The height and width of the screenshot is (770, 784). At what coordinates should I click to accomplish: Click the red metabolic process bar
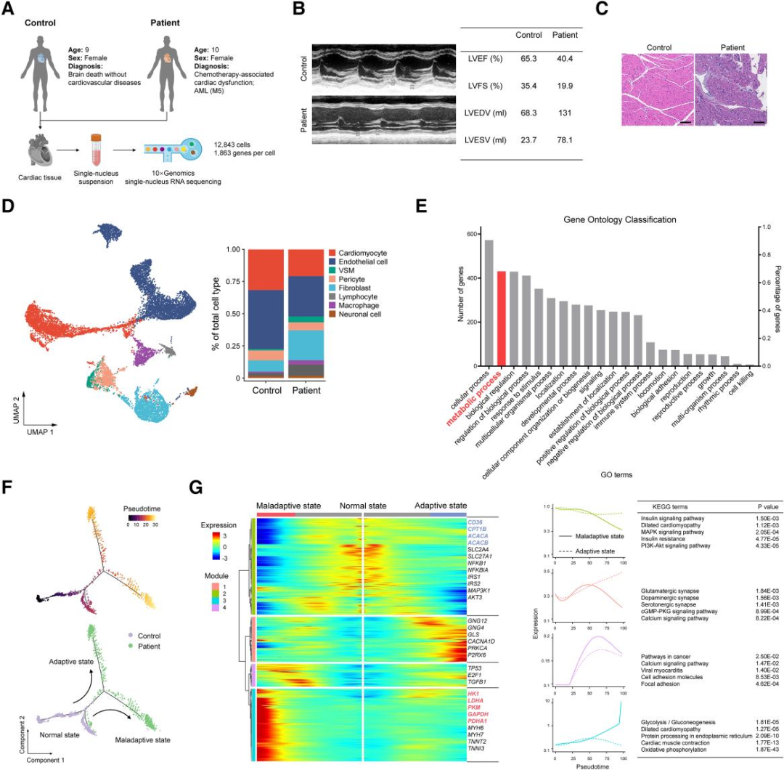tap(501, 318)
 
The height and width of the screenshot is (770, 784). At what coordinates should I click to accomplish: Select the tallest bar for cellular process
tap(489, 302)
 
